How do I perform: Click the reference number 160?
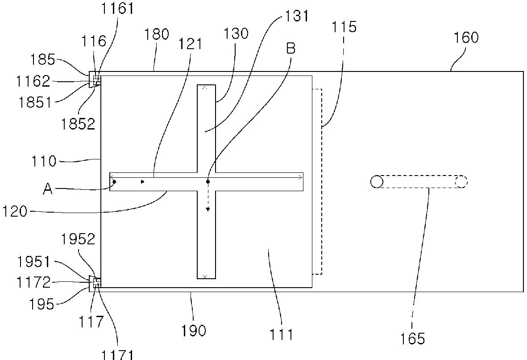click(466, 37)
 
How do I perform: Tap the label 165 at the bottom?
click(413, 339)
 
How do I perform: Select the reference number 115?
click(344, 27)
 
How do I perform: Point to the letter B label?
click(290, 48)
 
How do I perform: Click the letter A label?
click(48, 189)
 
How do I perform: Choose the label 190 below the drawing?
click(194, 331)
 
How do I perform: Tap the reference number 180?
click(157, 35)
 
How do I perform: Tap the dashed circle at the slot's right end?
click(461, 182)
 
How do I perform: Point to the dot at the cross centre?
click(208, 181)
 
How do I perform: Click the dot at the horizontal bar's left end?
click(114, 181)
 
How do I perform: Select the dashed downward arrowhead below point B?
click(208, 209)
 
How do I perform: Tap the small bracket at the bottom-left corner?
click(95, 283)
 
